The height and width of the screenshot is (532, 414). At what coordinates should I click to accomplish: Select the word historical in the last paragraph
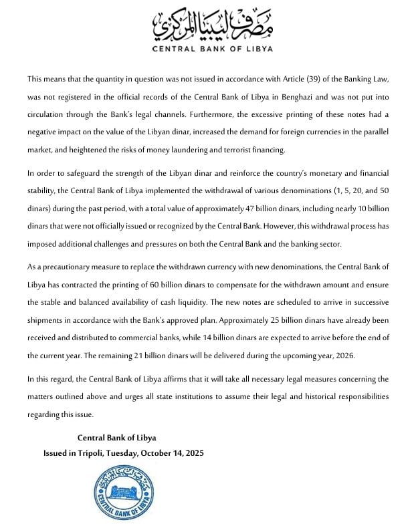tap(307, 396)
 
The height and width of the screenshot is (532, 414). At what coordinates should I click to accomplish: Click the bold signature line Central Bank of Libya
tap(117, 438)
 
